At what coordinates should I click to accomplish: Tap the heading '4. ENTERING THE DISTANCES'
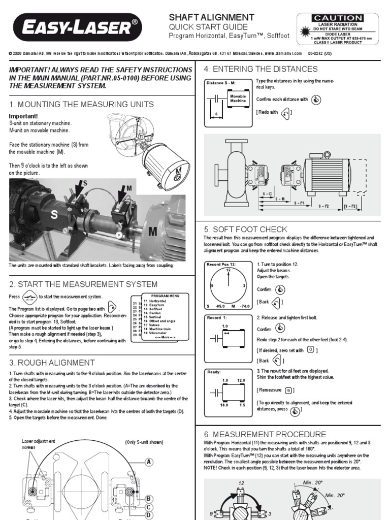click(x=261, y=69)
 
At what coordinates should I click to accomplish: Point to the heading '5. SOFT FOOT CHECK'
click(x=245, y=230)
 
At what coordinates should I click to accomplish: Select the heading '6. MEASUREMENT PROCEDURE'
click(x=265, y=434)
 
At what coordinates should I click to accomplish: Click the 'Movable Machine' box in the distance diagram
click(x=238, y=98)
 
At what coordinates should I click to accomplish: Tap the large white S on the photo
click(x=52, y=215)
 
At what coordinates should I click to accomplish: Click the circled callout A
click(x=149, y=462)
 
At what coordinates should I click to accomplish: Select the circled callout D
click(x=149, y=515)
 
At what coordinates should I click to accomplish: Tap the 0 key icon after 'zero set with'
click(x=311, y=350)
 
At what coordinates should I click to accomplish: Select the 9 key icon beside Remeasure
click(x=288, y=390)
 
